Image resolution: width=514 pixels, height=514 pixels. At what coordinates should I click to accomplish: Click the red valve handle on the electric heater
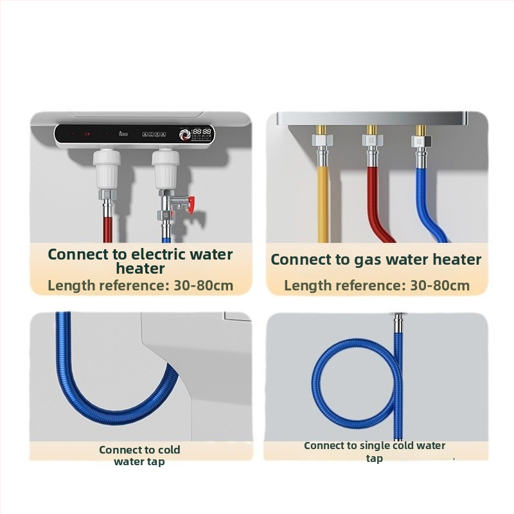pyautogui.click(x=191, y=205)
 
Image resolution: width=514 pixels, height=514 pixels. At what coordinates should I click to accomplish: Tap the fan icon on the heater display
pyautogui.click(x=185, y=135)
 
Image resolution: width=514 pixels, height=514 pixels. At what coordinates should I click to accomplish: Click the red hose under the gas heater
pyautogui.click(x=377, y=206)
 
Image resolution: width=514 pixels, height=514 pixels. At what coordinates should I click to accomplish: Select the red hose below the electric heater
pyautogui.click(x=108, y=229)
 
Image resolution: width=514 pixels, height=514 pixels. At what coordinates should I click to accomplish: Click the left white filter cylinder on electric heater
pyautogui.click(x=107, y=169)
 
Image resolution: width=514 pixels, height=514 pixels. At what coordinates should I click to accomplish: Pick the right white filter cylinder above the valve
pyautogui.click(x=166, y=169)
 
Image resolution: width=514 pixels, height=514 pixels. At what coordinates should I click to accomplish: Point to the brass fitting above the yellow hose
pyautogui.click(x=321, y=130)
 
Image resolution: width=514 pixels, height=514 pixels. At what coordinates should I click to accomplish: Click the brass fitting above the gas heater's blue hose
pyautogui.click(x=421, y=130)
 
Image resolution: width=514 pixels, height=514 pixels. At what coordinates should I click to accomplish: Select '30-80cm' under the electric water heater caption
pyautogui.click(x=203, y=285)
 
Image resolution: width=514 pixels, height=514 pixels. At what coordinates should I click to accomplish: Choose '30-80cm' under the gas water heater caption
pyautogui.click(x=440, y=285)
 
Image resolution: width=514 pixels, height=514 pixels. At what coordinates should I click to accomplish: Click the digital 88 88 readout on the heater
pyautogui.click(x=202, y=132)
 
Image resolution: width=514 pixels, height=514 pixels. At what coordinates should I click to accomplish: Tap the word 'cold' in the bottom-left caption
pyautogui.click(x=169, y=450)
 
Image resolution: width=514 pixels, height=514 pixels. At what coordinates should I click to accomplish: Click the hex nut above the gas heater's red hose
pyautogui.click(x=372, y=141)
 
